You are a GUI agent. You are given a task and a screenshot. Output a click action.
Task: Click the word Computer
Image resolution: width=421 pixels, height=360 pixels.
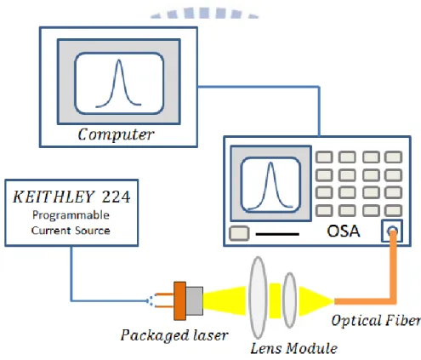pyautogui.click(x=116, y=134)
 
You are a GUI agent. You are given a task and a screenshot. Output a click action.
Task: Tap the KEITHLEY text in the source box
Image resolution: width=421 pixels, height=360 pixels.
pyautogui.click(x=54, y=197)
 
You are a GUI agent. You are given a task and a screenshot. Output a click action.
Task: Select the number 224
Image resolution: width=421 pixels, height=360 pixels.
pyautogui.click(x=117, y=197)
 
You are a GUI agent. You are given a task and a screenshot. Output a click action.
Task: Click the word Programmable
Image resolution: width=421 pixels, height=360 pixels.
pyautogui.click(x=71, y=215)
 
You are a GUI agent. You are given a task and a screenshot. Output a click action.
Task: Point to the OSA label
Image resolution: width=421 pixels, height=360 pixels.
pyautogui.click(x=344, y=231)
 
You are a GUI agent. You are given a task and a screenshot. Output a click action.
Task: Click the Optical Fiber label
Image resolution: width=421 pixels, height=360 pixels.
pyautogui.click(x=376, y=321)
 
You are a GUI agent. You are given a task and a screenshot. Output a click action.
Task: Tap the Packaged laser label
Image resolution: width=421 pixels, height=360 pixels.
pyautogui.click(x=174, y=335)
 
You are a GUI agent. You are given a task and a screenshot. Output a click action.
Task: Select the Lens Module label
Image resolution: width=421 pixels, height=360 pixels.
pyautogui.click(x=293, y=348)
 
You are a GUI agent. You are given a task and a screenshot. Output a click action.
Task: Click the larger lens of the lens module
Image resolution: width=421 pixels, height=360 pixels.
pyautogui.click(x=258, y=298)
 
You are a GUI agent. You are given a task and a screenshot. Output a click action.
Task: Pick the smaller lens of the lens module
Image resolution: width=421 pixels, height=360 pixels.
pyautogui.click(x=290, y=300)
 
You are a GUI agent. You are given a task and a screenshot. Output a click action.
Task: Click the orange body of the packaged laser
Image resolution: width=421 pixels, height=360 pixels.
pyautogui.click(x=179, y=300)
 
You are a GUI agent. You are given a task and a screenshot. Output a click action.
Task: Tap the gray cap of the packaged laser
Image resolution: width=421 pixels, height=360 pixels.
pyautogui.click(x=195, y=300)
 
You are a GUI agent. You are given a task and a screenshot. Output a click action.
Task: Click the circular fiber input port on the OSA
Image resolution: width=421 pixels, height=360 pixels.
pyautogui.click(x=392, y=231)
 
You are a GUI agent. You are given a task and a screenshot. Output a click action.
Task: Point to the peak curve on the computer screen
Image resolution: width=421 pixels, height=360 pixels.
pyautogui.click(x=119, y=83)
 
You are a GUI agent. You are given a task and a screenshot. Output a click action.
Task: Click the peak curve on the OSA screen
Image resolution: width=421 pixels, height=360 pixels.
pyautogui.click(x=270, y=186)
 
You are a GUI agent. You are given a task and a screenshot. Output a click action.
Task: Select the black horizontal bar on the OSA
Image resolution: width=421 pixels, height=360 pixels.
pyautogui.click(x=277, y=234)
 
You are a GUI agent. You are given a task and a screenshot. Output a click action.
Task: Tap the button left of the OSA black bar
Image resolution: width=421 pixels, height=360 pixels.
pyautogui.click(x=239, y=233)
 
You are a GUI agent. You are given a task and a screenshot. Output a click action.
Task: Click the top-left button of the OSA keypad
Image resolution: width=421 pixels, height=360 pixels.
pyautogui.click(x=324, y=157)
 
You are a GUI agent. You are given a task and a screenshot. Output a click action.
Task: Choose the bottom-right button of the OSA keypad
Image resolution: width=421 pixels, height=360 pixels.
pyautogui.click(x=393, y=210)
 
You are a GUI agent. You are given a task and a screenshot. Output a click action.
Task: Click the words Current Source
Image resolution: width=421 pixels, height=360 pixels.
pyautogui.click(x=71, y=231)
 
